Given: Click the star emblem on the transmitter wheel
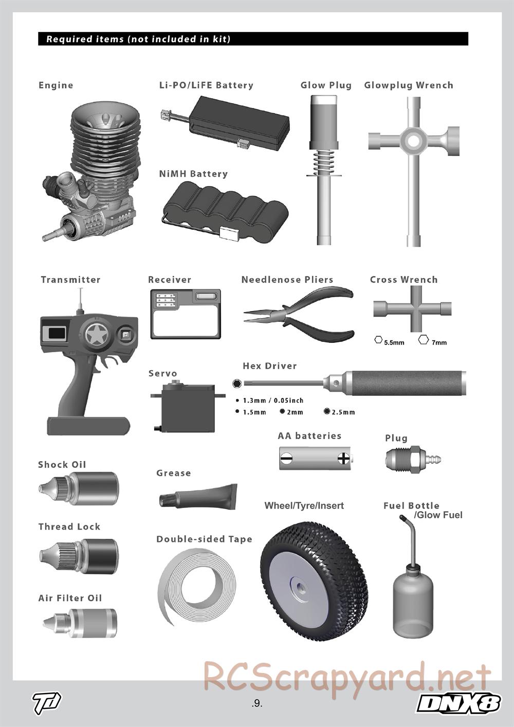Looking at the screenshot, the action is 96,335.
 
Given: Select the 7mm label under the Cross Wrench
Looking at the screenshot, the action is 439,342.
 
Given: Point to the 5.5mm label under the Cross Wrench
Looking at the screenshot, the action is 394,342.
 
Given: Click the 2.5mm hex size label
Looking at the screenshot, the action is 343,412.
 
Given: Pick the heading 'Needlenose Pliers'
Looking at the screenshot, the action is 287,280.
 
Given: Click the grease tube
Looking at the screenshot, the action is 198,496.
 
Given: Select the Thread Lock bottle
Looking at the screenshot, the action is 79,557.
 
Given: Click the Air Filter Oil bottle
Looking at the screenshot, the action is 80,624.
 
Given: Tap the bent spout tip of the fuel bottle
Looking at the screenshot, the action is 402,517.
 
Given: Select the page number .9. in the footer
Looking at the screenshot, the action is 256,703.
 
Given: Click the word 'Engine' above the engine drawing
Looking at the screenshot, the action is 56,85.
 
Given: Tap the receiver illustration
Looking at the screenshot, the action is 186,314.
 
